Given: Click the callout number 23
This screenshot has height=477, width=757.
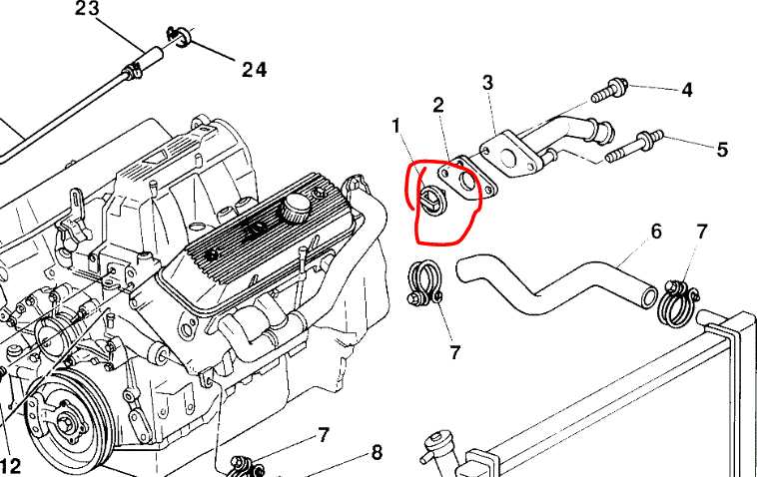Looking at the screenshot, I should coord(88,10).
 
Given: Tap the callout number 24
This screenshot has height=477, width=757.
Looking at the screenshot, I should coord(254,69).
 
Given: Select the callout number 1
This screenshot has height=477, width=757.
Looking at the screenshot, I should coord(395,126).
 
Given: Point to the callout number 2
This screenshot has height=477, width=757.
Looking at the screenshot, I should coord(437,105).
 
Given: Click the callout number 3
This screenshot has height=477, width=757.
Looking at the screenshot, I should coord(488,82).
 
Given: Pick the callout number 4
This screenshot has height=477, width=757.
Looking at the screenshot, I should coord(687,90).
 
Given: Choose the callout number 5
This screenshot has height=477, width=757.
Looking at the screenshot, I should coord(721,150).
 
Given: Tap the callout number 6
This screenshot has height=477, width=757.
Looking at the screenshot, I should coord(656,232).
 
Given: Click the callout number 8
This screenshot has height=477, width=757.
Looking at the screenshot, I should coord(377,453).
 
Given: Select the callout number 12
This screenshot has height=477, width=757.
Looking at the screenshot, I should coord(10,465).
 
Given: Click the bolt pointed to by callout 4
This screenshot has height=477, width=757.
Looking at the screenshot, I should coord(608,95).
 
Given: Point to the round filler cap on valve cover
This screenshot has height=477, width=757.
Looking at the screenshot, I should coord(296,211).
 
